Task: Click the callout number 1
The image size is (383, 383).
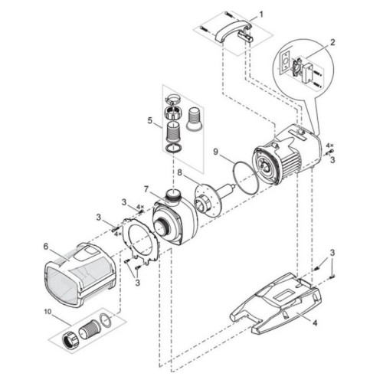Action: (x=260, y=15)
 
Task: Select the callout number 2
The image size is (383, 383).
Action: (x=332, y=42)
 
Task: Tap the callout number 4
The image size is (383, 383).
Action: (x=315, y=323)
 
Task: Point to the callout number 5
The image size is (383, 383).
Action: (x=150, y=120)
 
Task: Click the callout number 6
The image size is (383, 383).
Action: (x=46, y=247)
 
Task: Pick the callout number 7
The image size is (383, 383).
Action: (x=146, y=189)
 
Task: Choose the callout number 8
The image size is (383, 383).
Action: (x=180, y=172)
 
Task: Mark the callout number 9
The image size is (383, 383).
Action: (x=216, y=152)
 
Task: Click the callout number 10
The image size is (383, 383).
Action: (x=48, y=312)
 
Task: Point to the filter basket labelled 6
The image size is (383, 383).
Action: (x=79, y=276)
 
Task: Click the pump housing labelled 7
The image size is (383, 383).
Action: (x=175, y=221)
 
